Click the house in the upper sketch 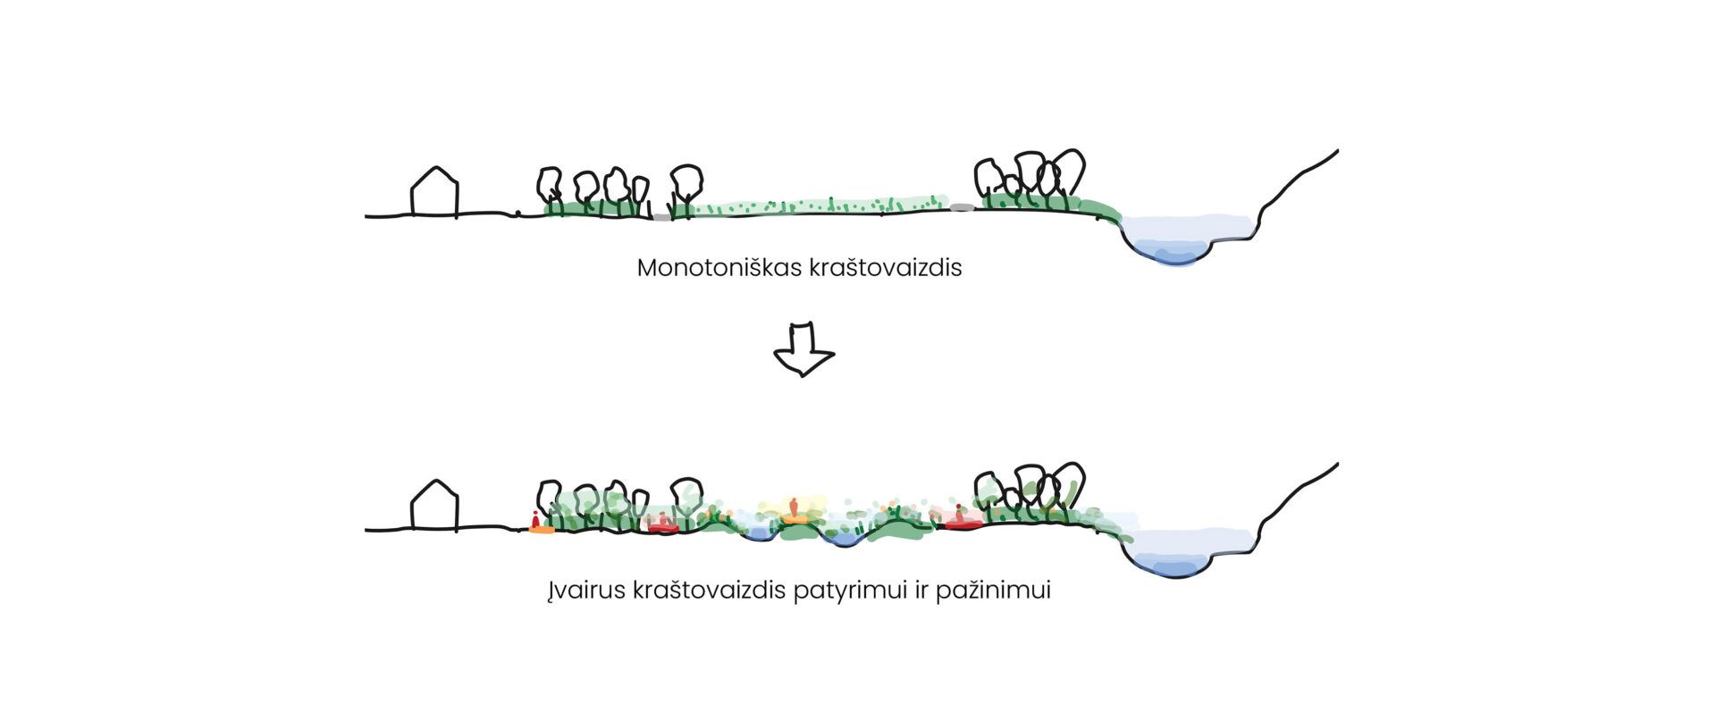coord(434,192)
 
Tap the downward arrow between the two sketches coord(803,348)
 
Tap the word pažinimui coord(993,591)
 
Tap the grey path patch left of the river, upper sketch coord(962,207)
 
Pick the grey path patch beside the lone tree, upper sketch coord(660,216)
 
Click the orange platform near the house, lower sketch coord(541,530)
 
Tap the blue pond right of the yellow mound coord(840,539)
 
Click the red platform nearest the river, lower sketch coord(963,524)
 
